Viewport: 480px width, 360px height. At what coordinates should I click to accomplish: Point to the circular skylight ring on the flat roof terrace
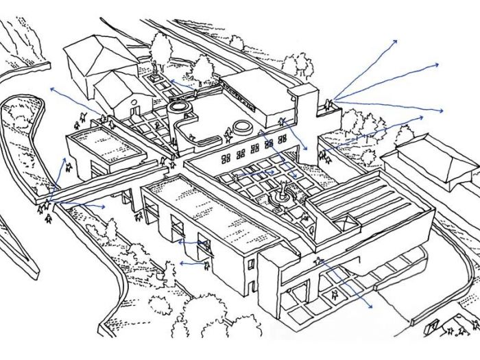point(241,128)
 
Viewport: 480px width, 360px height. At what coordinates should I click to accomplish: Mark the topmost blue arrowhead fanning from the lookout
point(395,41)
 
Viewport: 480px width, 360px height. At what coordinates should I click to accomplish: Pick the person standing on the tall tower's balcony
point(330,104)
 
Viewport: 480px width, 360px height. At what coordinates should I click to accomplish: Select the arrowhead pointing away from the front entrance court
point(371,305)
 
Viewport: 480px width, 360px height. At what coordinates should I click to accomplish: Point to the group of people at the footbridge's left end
point(47,206)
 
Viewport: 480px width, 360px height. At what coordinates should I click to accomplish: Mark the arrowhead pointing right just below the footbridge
point(103,206)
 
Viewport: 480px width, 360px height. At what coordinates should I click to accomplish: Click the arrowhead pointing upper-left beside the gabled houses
point(51,89)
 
